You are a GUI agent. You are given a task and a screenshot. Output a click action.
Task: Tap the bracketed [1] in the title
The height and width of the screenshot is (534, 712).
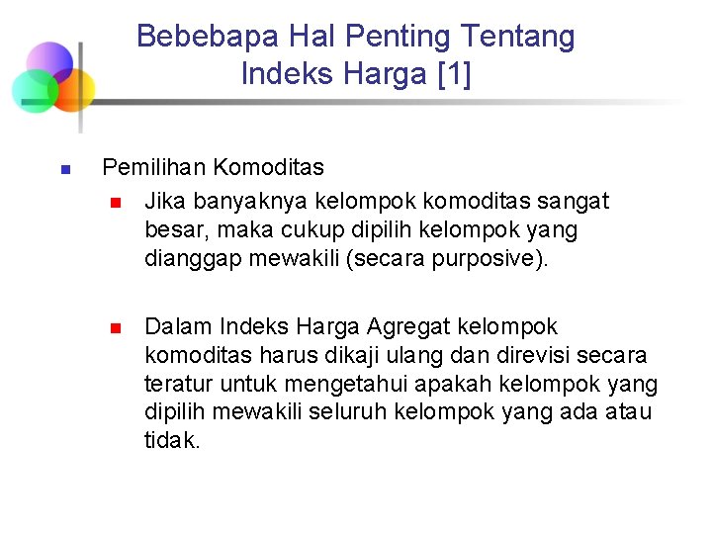[x=453, y=74]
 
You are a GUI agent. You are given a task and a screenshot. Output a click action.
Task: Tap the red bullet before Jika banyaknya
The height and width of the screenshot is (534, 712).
[x=115, y=203]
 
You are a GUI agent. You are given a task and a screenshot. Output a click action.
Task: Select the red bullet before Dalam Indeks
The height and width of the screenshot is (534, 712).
[x=115, y=328]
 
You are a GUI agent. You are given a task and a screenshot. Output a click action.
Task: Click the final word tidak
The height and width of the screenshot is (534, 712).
[x=172, y=441]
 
